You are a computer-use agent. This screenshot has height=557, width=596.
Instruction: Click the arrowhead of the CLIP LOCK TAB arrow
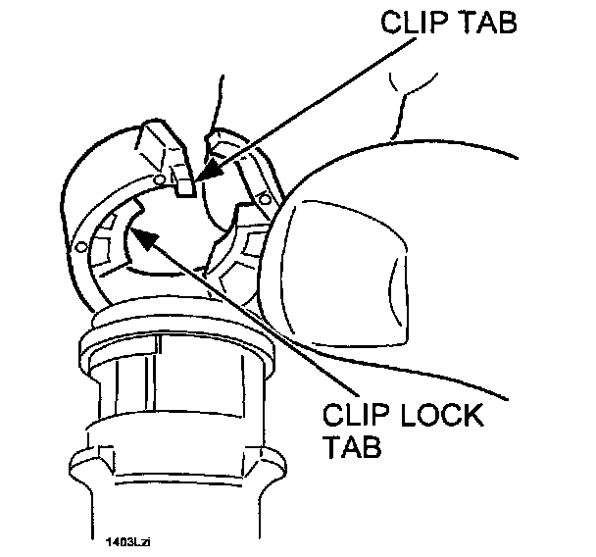click(138, 233)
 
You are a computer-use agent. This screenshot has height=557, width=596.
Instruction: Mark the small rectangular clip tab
click(182, 182)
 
